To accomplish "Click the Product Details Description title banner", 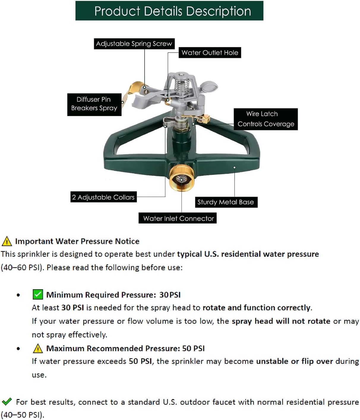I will click(169, 11).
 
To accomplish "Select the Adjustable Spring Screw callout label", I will click(134, 44).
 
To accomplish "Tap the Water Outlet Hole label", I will click(210, 53).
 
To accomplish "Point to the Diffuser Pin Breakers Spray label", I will click(94, 104).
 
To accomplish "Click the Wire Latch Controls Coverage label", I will click(266, 119).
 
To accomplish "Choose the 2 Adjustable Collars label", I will click(103, 197).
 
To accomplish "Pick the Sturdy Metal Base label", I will click(226, 202).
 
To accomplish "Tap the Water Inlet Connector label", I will click(178, 218).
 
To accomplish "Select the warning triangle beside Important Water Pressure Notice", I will click(7, 241).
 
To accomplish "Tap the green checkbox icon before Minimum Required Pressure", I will click(38, 295).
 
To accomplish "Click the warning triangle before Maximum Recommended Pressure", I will click(38, 348).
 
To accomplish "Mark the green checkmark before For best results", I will click(7, 402).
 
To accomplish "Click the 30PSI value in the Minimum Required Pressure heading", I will click(170, 295).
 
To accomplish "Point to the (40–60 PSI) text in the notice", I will click(22, 268).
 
